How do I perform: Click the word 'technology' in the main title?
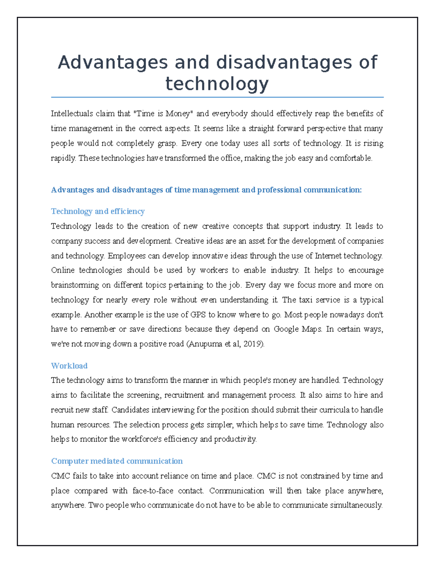[217, 84]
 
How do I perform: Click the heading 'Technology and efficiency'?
[98, 211]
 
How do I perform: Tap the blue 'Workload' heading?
[69, 366]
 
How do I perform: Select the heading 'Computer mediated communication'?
[117, 461]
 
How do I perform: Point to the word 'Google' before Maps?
[286, 329]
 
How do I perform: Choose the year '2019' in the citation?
[252, 344]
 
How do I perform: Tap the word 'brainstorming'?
[75, 285]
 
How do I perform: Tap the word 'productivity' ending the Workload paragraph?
[235, 439]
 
